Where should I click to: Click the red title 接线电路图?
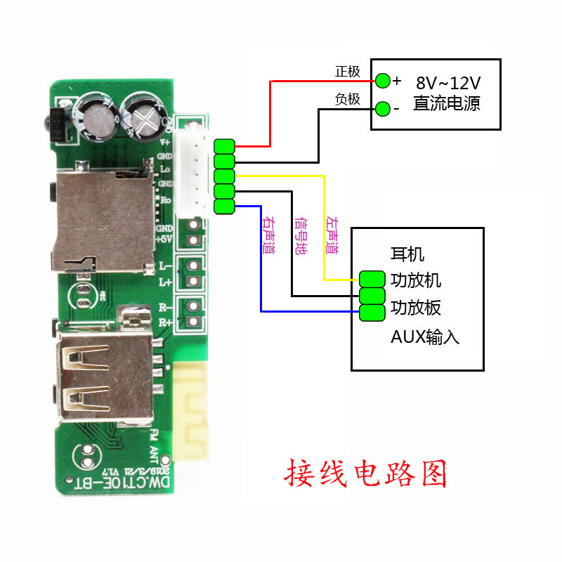pyautogui.click(x=365, y=474)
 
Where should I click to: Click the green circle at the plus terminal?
pyautogui.click(x=382, y=80)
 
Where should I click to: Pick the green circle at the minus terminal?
pyautogui.click(x=382, y=109)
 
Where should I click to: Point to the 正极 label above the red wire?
pyautogui.click(x=347, y=72)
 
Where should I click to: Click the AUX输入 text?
pyautogui.click(x=424, y=337)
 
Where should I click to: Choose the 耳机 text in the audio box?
pyautogui.click(x=407, y=254)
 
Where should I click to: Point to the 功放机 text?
pyautogui.click(x=416, y=280)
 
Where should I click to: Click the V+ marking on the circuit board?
pyautogui.click(x=166, y=141)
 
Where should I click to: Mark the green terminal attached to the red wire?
pyautogui.click(x=224, y=146)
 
